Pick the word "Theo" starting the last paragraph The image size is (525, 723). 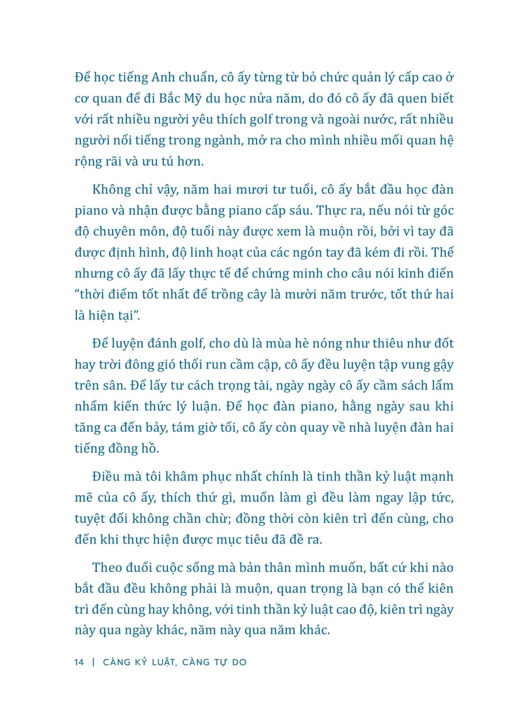(109, 568)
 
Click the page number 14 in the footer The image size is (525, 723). (79, 662)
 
